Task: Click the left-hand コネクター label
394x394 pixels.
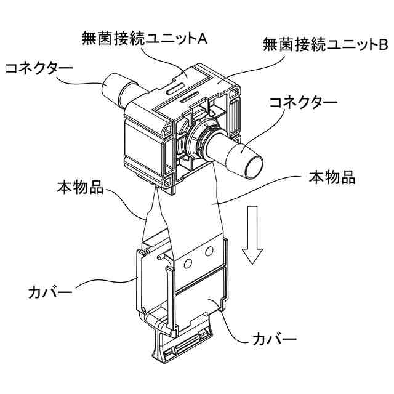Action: click(x=38, y=68)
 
